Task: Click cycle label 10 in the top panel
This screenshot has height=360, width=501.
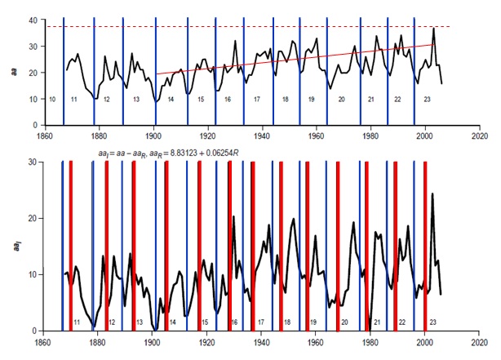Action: click(52, 99)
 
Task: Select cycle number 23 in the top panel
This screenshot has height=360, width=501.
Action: click(426, 99)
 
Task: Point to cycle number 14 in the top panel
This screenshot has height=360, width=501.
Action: click(171, 99)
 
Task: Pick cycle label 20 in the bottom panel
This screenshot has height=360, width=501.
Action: click(344, 322)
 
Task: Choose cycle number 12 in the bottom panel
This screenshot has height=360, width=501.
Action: click(111, 322)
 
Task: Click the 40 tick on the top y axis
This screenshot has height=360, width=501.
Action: click(31, 19)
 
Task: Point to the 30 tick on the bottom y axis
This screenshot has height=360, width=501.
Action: click(31, 162)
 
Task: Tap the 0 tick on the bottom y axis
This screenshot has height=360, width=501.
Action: click(33, 331)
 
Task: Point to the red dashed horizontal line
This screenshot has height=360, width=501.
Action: click(245, 27)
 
